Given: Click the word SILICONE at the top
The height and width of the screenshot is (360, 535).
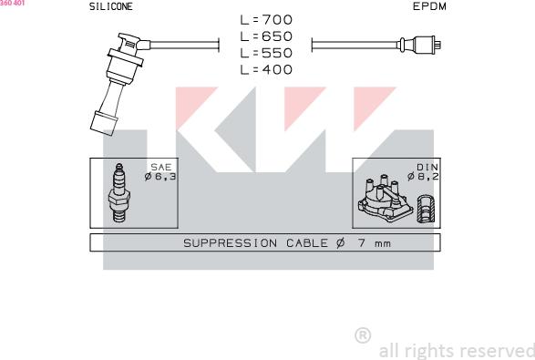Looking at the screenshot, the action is pos(111,6).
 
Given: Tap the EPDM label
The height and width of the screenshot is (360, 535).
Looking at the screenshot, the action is pos(429,6).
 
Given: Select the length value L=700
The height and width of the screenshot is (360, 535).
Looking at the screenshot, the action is pos(266,20).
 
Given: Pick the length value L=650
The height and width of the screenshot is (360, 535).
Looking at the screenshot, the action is pos(266,36).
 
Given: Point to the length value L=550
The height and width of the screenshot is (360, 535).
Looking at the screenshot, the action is pos(266,53).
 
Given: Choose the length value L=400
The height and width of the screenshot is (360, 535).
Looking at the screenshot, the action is pos(266,69).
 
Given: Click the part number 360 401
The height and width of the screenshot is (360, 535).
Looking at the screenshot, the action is pos(12,3).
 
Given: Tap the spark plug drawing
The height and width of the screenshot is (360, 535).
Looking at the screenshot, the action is pos(118,193).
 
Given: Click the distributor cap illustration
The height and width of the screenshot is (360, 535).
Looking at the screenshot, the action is pos(385,199).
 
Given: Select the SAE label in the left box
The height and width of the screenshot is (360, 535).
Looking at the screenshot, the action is pos(161,167).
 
